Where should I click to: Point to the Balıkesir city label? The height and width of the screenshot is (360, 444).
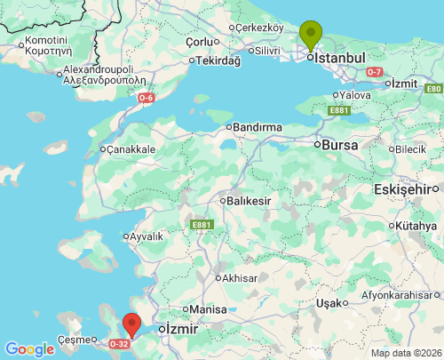248,201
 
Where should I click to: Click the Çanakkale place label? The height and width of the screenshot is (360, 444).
131,149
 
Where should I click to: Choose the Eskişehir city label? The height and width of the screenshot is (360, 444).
408,188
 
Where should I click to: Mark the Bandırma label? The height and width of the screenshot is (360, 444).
258,127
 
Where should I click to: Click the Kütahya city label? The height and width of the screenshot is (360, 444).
416,227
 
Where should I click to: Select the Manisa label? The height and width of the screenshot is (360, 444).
209,309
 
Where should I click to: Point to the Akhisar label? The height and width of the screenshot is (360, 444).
239,278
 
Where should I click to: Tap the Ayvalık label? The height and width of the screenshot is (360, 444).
146,236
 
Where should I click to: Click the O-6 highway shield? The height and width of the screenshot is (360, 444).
146,98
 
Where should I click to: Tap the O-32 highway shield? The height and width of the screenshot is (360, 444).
119,343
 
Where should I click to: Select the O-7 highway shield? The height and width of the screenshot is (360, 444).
374,71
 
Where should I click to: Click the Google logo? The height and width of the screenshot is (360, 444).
29,349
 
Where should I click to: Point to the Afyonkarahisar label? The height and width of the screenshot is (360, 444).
400,295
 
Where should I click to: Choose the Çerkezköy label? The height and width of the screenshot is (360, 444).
258,27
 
